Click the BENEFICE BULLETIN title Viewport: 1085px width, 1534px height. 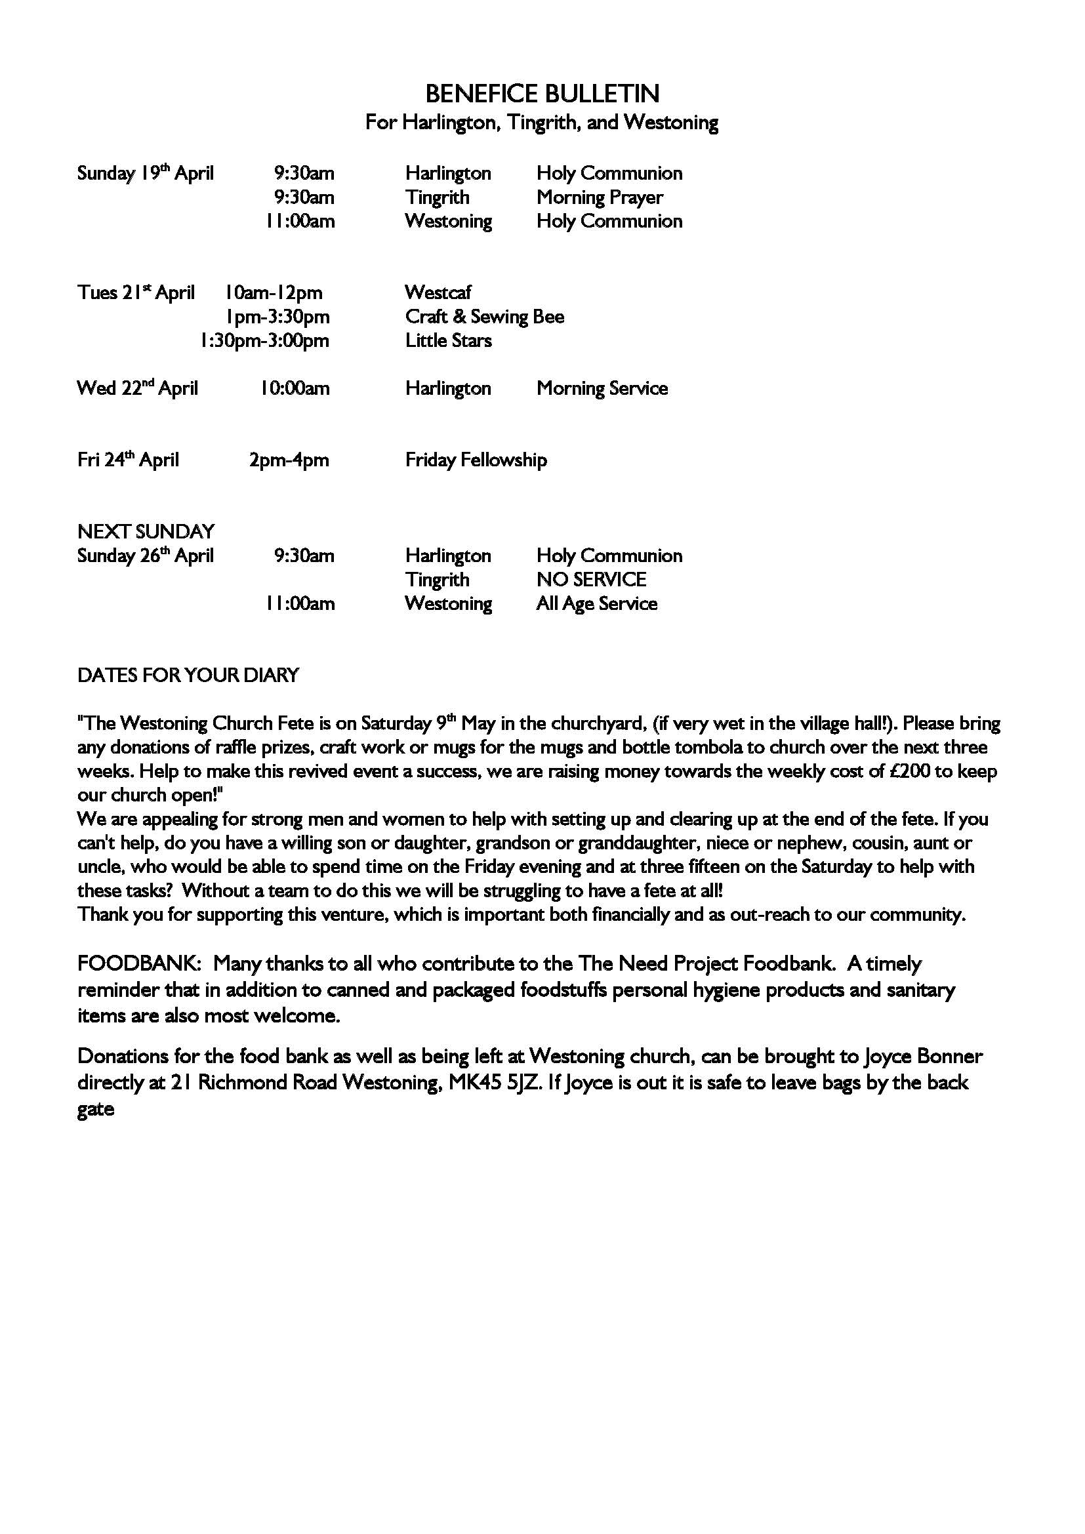coord(542,94)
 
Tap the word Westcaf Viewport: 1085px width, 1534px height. coord(438,293)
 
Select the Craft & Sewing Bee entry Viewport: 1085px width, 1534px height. coord(484,317)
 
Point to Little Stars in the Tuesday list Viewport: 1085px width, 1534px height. coord(448,341)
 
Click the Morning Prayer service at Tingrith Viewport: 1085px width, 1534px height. coord(600,198)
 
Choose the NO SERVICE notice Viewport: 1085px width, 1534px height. coord(591,580)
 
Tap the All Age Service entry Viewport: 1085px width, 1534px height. coord(596,604)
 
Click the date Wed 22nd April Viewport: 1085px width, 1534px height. coord(138,388)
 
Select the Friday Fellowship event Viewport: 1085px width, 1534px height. coord(476,460)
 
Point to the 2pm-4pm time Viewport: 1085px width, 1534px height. coord(289,460)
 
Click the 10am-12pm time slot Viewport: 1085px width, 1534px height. coord(274,293)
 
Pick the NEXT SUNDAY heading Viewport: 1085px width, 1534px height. coord(146,532)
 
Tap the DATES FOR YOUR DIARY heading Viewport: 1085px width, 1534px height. coord(188,676)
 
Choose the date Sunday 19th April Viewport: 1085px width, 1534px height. coord(145,174)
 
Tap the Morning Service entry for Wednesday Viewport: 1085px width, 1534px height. coord(602,389)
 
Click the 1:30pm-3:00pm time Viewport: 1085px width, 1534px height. coord(264,341)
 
